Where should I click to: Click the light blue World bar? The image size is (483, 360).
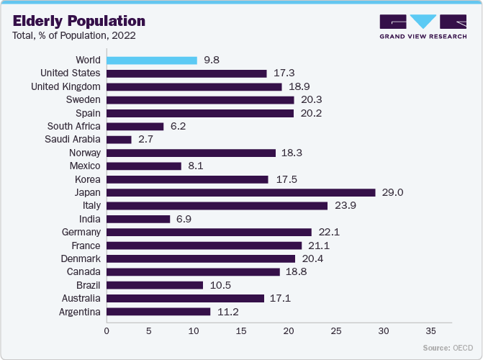152,60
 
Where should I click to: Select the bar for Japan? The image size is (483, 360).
241,192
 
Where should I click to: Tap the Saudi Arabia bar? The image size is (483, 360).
119,140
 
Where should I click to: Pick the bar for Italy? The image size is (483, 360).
217,206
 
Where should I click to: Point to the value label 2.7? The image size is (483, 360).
147,140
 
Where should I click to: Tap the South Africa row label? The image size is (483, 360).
73,126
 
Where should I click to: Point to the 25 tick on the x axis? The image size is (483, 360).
335,332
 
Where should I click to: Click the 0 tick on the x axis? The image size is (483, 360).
107,332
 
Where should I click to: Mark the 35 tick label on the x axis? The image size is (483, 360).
431,332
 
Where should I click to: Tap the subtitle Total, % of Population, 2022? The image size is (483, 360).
73,35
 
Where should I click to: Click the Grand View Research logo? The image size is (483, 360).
422,25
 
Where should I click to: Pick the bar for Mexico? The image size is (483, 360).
144,166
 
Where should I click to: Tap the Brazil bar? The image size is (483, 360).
155,285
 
